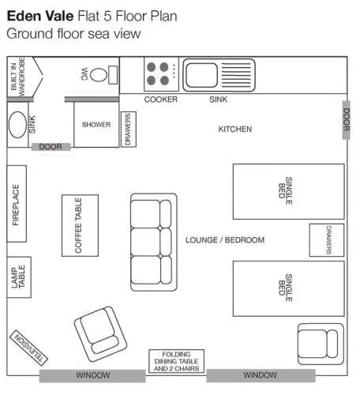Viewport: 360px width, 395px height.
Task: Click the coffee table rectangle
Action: [x=80, y=225]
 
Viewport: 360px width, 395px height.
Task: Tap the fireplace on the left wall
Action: [x=17, y=204]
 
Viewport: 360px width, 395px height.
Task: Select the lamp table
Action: [x=19, y=277]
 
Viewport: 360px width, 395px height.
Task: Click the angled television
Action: [x=28, y=348]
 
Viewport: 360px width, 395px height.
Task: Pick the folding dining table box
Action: [x=176, y=361]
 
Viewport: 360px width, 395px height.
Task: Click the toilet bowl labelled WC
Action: [x=99, y=75]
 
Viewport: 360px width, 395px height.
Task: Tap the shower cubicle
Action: [x=96, y=125]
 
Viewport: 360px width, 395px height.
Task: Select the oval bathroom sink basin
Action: [x=17, y=125]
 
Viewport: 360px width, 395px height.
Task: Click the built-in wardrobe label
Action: [x=18, y=77]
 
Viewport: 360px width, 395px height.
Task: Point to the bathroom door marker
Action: [x=51, y=147]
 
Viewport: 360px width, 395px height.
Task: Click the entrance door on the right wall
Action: [x=347, y=120]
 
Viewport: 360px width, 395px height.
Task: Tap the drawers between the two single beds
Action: [x=327, y=240]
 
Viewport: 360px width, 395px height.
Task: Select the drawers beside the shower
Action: [x=129, y=129]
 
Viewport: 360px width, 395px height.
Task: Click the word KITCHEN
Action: [x=235, y=129]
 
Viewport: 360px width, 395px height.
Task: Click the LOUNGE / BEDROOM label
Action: [x=225, y=240]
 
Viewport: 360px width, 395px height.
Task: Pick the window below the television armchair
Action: [x=92, y=375]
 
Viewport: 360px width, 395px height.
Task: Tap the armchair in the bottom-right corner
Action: [x=321, y=344]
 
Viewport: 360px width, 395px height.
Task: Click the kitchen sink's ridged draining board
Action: [x=236, y=75]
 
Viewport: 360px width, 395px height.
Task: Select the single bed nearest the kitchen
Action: [x=289, y=191]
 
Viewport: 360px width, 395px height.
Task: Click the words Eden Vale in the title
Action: [x=40, y=16]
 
